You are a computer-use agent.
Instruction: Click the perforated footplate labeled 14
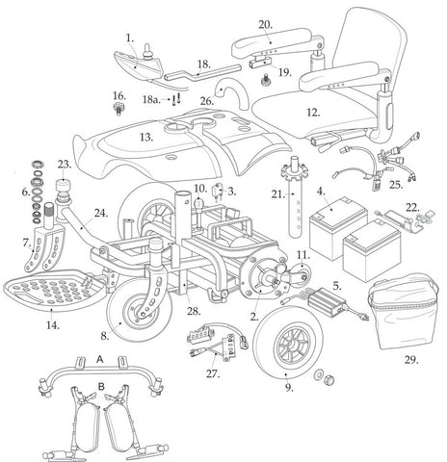tap(49, 292)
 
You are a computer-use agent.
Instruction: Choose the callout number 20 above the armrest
tap(265, 23)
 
